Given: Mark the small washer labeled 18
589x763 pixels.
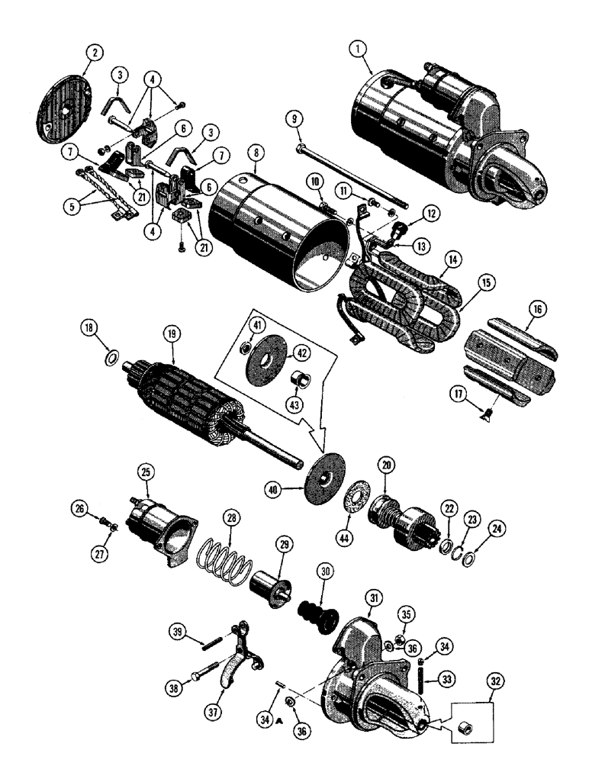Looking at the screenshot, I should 110,358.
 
